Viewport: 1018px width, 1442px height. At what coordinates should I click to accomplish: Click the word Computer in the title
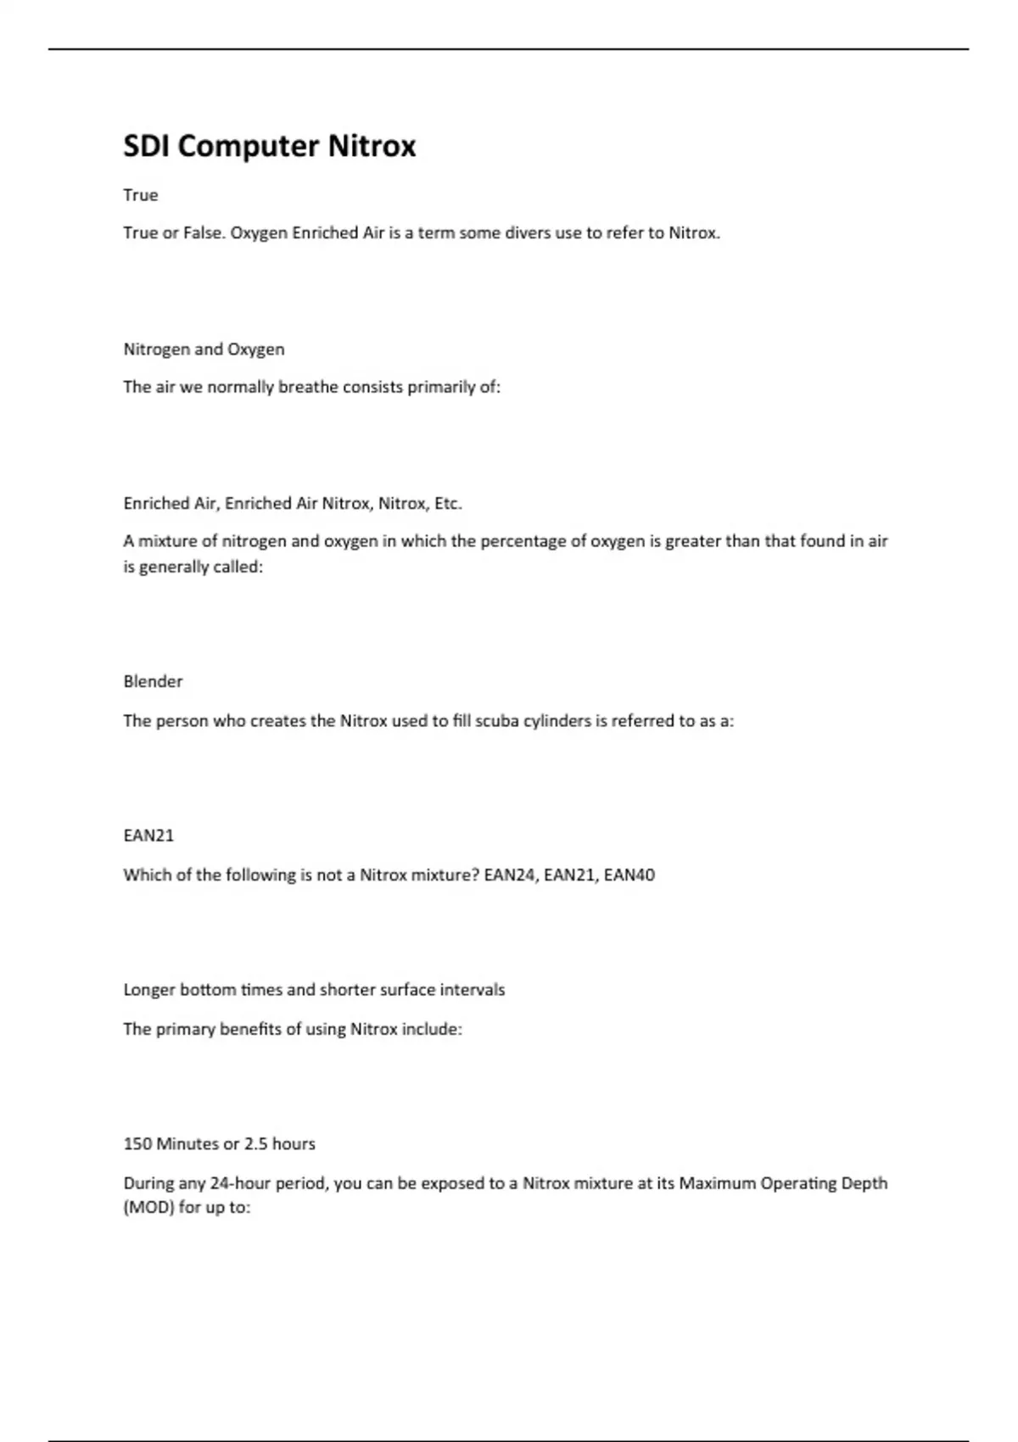(249, 147)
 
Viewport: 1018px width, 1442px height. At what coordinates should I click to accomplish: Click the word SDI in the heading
(147, 147)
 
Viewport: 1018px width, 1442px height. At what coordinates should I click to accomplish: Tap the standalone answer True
(141, 195)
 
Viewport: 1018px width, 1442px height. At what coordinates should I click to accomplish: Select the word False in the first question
(203, 233)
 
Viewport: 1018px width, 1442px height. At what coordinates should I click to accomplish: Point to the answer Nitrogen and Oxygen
(204, 349)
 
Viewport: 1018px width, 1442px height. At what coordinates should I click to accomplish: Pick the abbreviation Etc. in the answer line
(448, 504)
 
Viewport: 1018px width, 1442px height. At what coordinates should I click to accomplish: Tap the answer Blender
(153, 682)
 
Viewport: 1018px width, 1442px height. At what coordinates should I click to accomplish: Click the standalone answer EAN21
(148, 836)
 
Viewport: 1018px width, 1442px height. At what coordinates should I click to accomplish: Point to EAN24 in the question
(510, 875)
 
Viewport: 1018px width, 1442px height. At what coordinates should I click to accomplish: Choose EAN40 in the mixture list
(629, 875)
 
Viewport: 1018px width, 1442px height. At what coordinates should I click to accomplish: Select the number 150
(137, 1144)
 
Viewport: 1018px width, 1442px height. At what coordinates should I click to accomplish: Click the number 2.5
(255, 1144)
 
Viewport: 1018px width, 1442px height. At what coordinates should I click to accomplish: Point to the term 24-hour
(241, 1183)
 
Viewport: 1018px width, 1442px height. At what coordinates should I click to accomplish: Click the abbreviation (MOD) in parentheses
(148, 1207)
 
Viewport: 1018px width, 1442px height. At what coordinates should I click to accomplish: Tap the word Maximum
(717, 1183)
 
